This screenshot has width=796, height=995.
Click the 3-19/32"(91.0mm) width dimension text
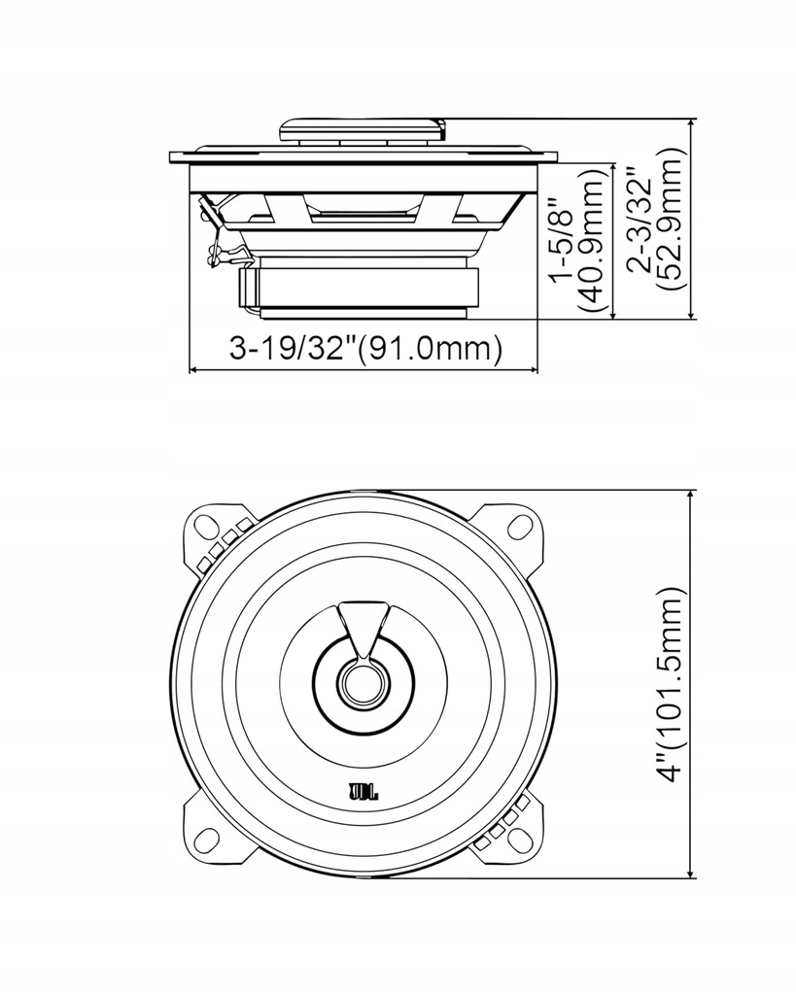click(364, 348)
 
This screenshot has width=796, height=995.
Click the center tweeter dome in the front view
click(363, 682)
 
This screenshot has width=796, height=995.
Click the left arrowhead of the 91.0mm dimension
click(192, 370)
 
